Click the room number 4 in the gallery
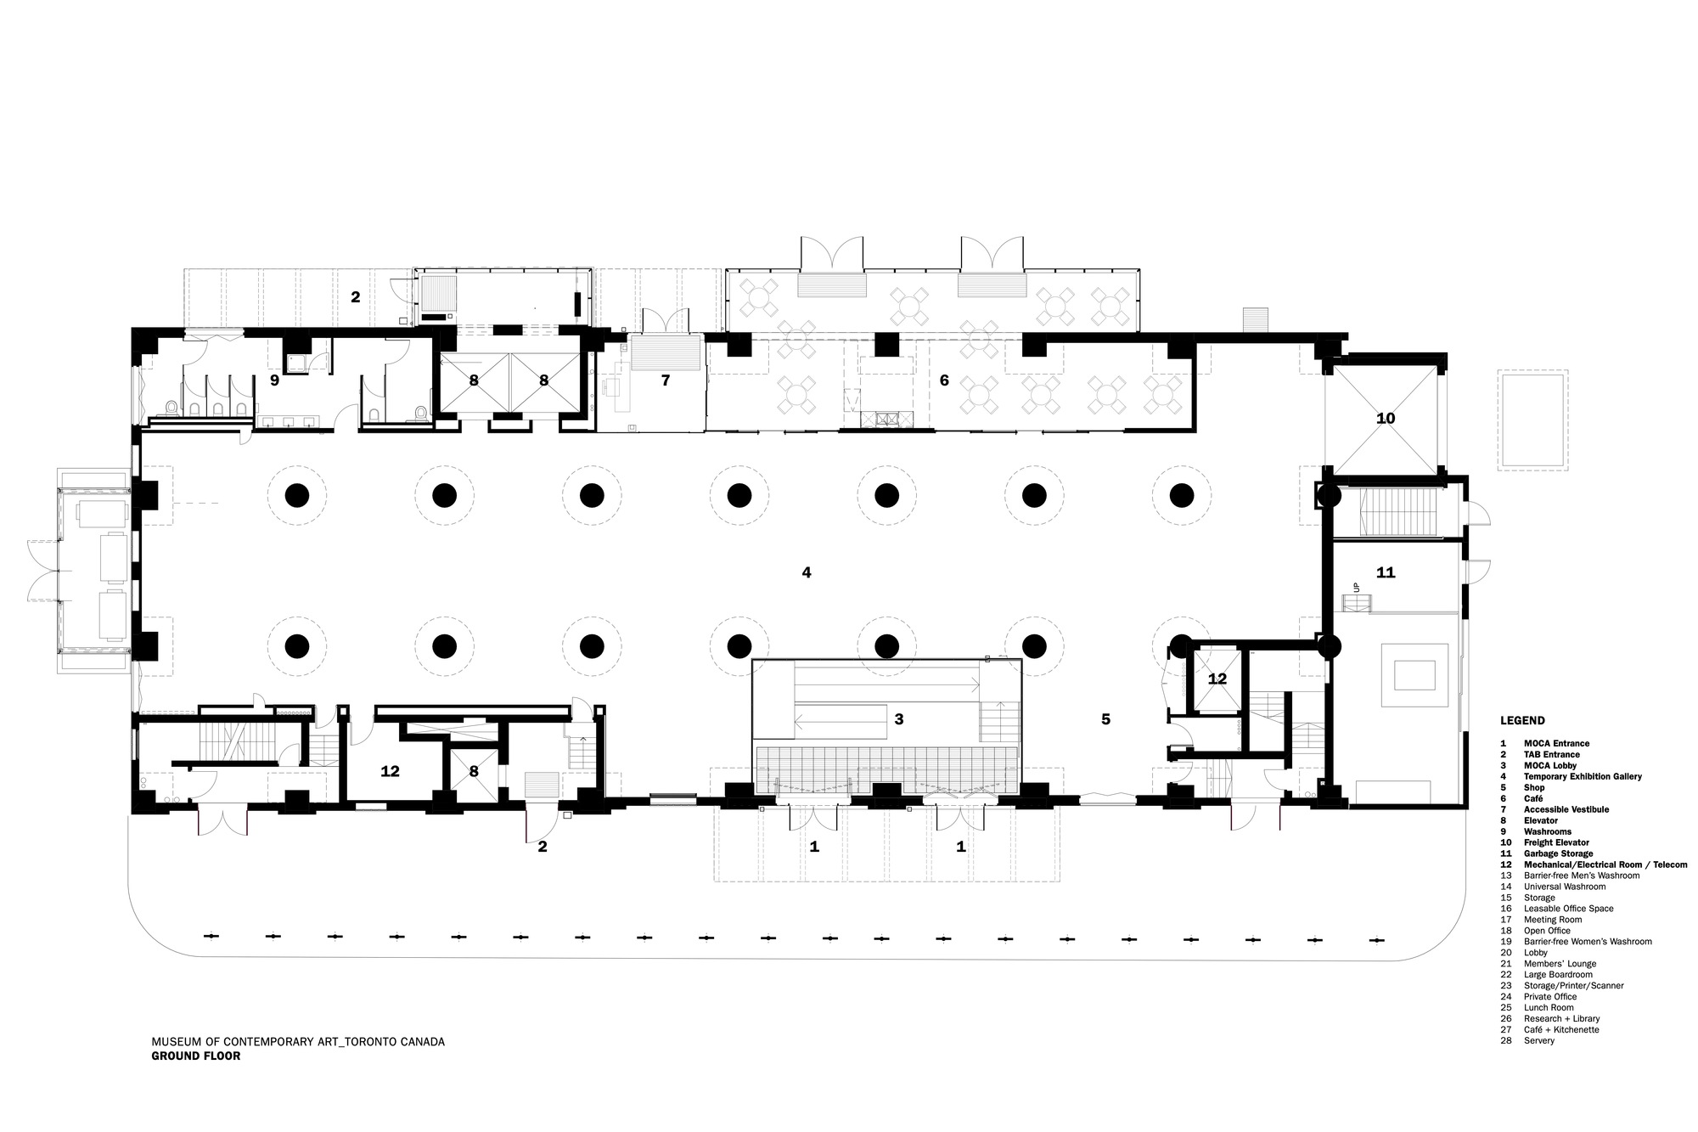pyautogui.click(x=807, y=573)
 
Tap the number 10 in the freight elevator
pyautogui.click(x=1386, y=419)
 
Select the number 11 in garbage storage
pyautogui.click(x=1386, y=573)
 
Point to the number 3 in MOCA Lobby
pyautogui.click(x=898, y=719)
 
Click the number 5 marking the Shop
pyautogui.click(x=1105, y=719)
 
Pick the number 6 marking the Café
pyautogui.click(x=944, y=381)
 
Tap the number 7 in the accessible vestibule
pyautogui.click(x=666, y=381)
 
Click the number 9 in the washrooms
pyautogui.click(x=274, y=381)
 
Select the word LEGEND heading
pyautogui.click(x=1522, y=721)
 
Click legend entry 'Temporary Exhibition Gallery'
pyautogui.click(x=1583, y=776)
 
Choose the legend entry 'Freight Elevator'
pyautogui.click(x=1556, y=842)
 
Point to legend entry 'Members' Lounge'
pyautogui.click(x=1560, y=964)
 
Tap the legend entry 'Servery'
pyautogui.click(x=1539, y=1040)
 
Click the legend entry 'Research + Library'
pyautogui.click(x=1561, y=1018)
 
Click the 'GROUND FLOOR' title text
pyautogui.click(x=196, y=1056)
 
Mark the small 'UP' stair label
pyautogui.click(x=1357, y=588)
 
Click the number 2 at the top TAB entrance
pyautogui.click(x=356, y=297)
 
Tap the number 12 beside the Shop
pyautogui.click(x=1217, y=679)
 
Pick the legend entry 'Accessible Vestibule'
pyautogui.click(x=1566, y=809)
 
